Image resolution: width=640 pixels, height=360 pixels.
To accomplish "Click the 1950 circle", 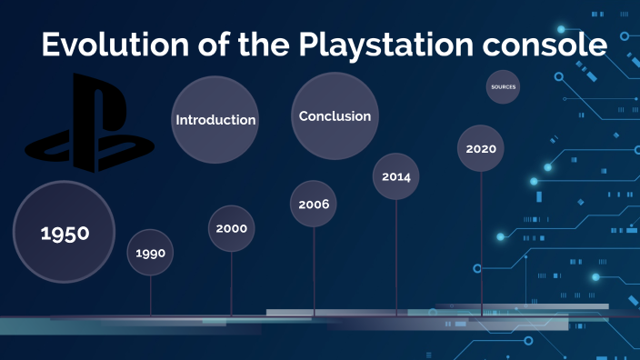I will point(65,232).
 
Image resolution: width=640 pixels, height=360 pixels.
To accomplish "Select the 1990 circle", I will point(150,253).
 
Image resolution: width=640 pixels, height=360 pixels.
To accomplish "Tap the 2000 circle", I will point(232,228).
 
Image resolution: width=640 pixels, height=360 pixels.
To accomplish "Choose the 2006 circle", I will point(314,204).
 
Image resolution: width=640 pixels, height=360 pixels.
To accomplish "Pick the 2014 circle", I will point(396,176).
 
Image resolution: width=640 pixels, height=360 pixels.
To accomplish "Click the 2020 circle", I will point(480,148).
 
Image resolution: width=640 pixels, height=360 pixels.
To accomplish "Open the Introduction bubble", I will point(215,120).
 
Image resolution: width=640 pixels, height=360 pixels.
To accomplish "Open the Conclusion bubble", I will point(335,115).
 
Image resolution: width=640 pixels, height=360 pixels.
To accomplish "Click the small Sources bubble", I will point(504,87).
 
